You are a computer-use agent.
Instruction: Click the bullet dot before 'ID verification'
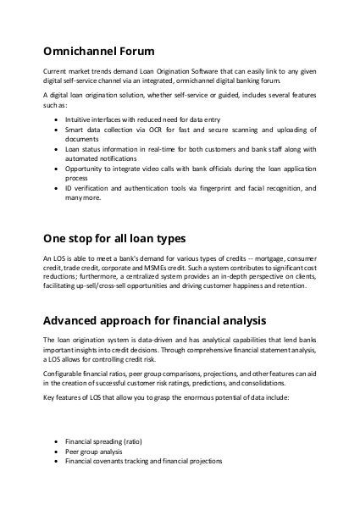(x=56, y=187)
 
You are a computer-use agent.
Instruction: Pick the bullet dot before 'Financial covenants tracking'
(x=56, y=462)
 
